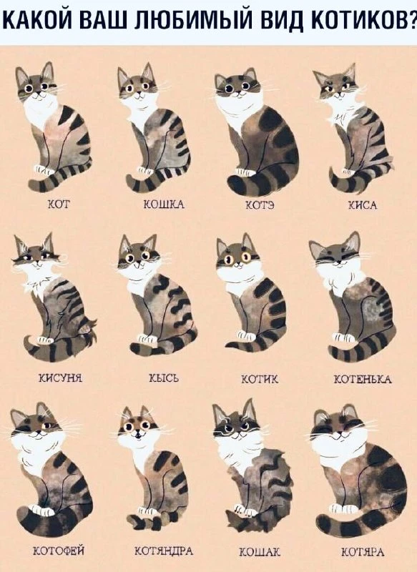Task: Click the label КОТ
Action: pos(59,204)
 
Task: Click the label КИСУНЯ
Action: pos(60,378)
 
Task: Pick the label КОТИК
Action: pos(260,380)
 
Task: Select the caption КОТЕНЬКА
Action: pos(363,380)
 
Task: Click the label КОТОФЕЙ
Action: pos(59,550)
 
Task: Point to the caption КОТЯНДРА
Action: pos(164,551)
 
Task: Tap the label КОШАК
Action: pos(260,552)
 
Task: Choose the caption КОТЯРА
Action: pos(363,552)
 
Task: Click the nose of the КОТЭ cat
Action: pos(238,92)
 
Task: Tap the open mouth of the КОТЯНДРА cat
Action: pos(138,435)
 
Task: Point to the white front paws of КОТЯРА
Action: pos(343,508)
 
